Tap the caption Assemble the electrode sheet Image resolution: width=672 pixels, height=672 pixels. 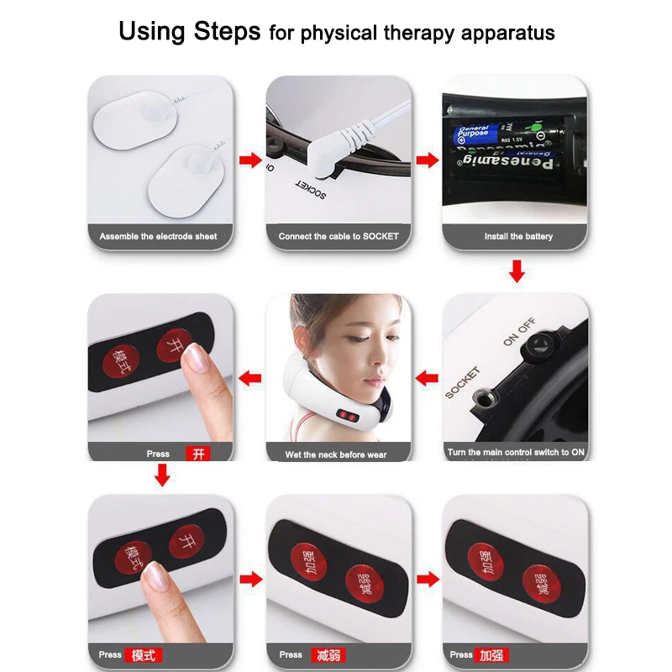click(x=158, y=237)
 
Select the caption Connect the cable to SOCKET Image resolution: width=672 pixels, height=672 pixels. click(x=339, y=237)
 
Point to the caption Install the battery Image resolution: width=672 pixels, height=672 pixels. click(x=518, y=237)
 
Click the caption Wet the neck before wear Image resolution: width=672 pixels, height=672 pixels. click(x=336, y=454)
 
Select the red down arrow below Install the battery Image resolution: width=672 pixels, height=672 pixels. click(x=517, y=270)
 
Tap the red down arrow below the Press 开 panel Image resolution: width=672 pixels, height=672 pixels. click(x=162, y=475)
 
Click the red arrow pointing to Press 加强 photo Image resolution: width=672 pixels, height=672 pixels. click(x=428, y=579)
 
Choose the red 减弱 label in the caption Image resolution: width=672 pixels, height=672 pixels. click(x=328, y=655)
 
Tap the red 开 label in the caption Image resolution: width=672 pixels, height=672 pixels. click(x=198, y=454)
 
